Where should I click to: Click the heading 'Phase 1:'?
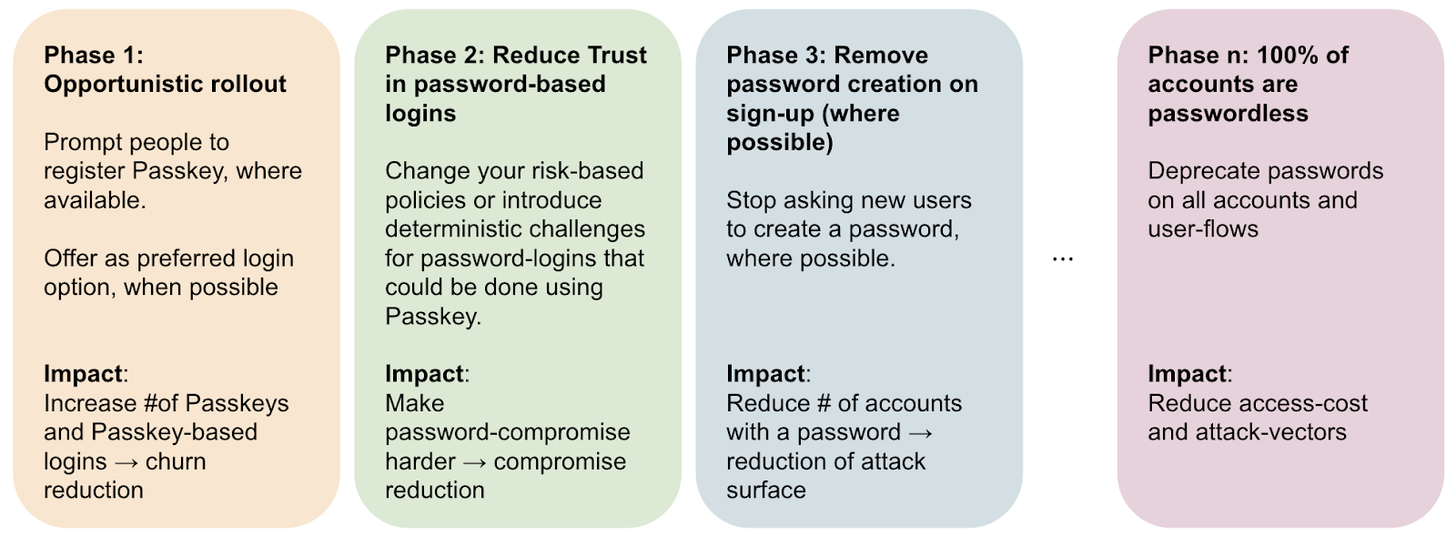[94, 56]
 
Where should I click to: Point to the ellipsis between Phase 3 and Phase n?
[1063, 259]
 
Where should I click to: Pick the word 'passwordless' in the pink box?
[1228, 113]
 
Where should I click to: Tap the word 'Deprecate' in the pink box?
[1195, 171]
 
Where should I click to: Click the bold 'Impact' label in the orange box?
[83, 374]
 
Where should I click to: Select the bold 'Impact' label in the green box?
[424, 374]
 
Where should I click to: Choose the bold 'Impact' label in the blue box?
[765, 374]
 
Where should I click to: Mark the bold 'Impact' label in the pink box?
[1187, 374]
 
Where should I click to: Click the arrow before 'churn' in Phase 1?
[126, 462]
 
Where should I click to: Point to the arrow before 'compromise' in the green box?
[474, 462]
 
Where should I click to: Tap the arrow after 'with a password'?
[920, 433]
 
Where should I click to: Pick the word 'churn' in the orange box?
[176, 461]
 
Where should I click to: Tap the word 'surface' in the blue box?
[766, 490]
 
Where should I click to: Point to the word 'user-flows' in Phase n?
[1203, 228]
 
